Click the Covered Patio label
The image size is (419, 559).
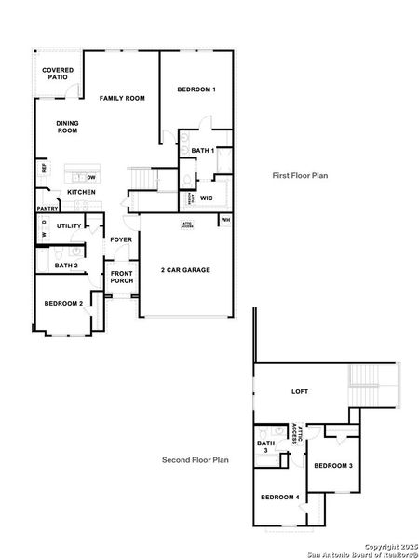click(58, 73)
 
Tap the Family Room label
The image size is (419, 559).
click(123, 98)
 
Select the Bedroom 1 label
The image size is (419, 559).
click(196, 89)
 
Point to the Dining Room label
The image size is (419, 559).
click(67, 127)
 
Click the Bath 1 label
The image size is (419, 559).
click(203, 150)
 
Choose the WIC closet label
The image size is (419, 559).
click(207, 198)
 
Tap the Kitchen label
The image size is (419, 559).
click(80, 192)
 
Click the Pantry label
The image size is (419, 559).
click(47, 208)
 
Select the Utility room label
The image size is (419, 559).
click(70, 225)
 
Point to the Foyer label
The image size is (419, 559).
click(121, 239)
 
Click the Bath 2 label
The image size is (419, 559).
click(65, 266)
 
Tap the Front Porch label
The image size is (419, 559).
click(121, 276)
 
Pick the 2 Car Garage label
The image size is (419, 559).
click(185, 270)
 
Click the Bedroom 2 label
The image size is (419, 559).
click(63, 303)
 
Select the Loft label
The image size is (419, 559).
click(299, 392)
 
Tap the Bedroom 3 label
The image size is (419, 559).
click(332, 465)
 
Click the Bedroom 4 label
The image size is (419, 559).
click(279, 498)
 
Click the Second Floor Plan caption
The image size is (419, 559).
click(196, 459)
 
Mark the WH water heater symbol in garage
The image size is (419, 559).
click(225, 220)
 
